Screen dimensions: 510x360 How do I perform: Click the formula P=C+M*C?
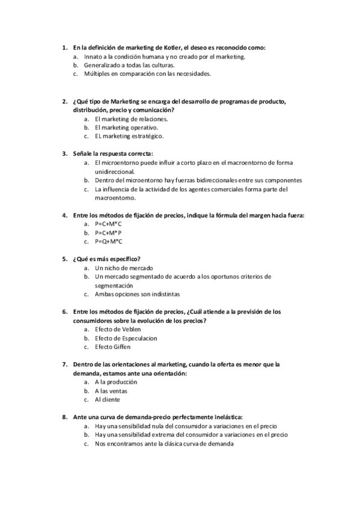click(x=108, y=224)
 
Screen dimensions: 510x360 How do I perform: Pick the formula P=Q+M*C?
click(x=109, y=241)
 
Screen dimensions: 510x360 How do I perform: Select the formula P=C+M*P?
click(x=108, y=232)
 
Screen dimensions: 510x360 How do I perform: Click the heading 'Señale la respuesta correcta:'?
click(x=113, y=153)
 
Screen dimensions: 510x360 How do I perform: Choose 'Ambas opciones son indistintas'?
click(x=137, y=294)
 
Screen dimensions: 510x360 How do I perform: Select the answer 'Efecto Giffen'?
click(x=112, y=347)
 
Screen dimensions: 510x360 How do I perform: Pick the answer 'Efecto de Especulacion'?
click(x=126, y=338)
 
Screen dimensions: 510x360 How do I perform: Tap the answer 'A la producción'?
click(x=116, y=382)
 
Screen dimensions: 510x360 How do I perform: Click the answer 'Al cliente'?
click(x=108, y=399)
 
